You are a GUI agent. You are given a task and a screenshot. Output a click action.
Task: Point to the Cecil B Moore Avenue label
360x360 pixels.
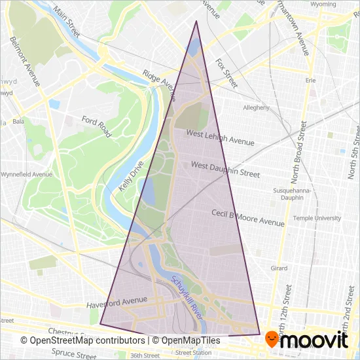[x=248, y=218]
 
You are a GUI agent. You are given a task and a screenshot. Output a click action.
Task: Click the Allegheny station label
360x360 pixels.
[x=256, y=107]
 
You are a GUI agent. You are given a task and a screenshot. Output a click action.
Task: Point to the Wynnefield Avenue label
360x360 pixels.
[x=26, y=175]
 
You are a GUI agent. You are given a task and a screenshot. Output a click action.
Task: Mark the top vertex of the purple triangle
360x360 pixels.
[x=196, y=21]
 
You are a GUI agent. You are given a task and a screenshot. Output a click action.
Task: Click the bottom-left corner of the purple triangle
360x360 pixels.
[x=100, y=323]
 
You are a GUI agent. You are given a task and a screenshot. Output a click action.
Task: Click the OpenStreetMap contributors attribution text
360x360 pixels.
[x=82, y=340]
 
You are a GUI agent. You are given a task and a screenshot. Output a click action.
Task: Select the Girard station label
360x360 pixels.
[x=279, y=268]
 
